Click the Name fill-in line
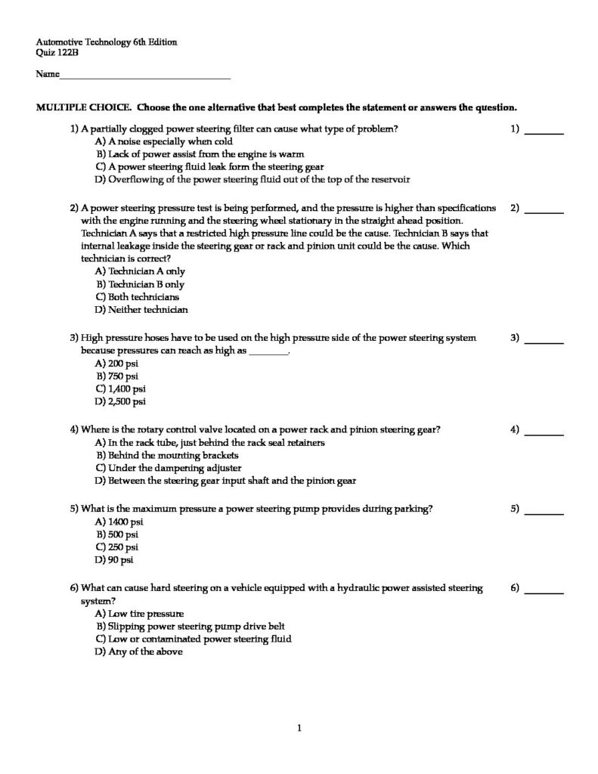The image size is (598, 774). point(144,76)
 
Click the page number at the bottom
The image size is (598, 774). point(299,728)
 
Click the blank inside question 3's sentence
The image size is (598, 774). point(269,351)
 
